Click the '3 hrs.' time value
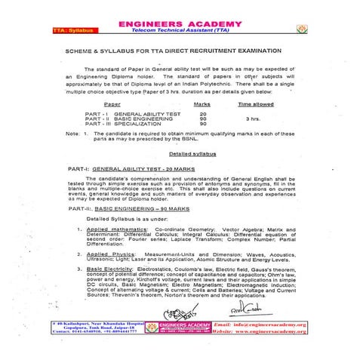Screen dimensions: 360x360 coord(255,118)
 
